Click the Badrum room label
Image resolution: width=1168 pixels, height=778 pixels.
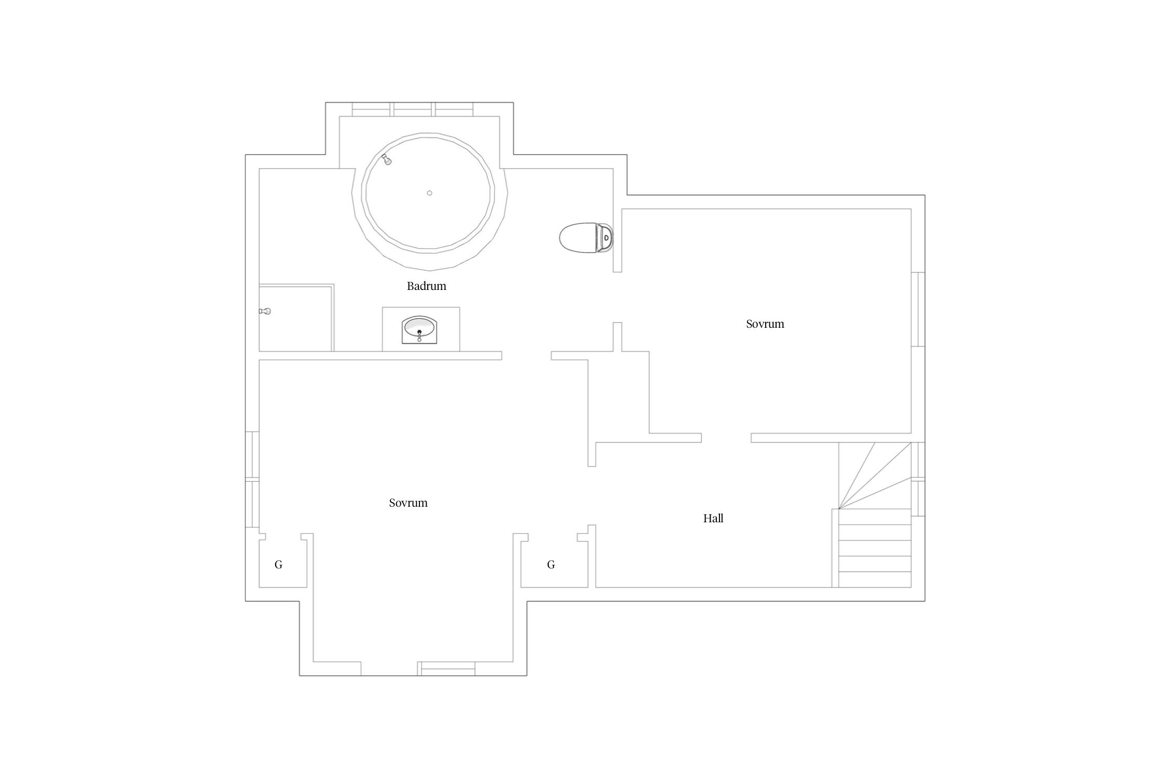tap(426, 286)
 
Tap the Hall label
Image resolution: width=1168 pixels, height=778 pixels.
tap(713, 518)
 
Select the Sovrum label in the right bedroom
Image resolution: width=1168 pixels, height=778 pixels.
tap(765, 324)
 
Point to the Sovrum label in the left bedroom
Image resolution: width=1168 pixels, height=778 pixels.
tap(409, 503)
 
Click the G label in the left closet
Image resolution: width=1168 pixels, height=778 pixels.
tap(279, 564)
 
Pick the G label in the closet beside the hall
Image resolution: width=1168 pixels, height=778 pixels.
tap(551, 564)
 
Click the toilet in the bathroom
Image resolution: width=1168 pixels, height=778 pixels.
tap(586, 238)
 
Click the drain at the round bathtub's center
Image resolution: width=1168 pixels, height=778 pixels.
tap(429, 193)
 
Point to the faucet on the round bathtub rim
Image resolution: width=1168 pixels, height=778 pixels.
tap(386, 159)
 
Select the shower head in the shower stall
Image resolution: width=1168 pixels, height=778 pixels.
tap(265, 311)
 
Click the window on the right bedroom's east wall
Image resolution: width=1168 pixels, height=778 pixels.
tap(918, 309)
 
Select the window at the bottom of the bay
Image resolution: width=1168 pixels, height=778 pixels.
tap(446, 669)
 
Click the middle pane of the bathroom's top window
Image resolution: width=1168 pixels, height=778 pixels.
tap(413, 109)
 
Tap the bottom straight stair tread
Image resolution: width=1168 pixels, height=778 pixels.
tap(875, 579)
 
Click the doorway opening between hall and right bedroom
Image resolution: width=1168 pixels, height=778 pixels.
tap(726, 438)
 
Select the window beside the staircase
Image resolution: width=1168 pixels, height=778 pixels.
tap(918, 479)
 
